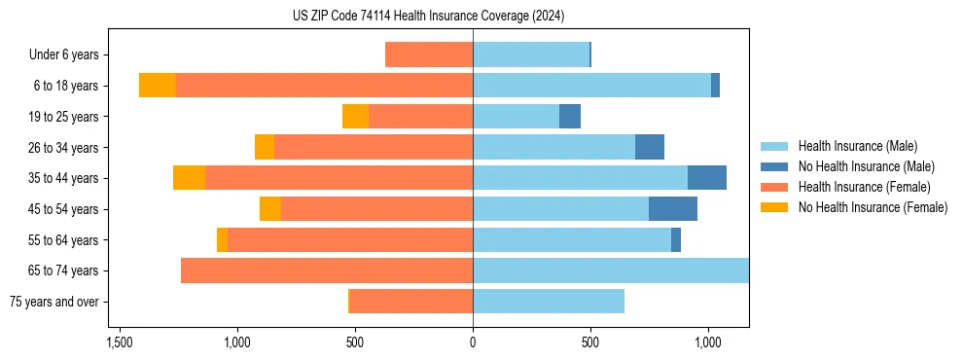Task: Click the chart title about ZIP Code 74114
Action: tap(428, 17)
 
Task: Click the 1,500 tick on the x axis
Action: tap(119, 343)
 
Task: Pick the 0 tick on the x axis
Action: tap(473, 343)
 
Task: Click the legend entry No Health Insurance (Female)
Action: tap(873, 207)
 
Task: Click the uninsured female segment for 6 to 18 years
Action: tap(158, 86)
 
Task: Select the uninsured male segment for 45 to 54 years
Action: tap(673, 209)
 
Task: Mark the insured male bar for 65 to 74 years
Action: tap(611, 270)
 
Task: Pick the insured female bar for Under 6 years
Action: tap(429, 54)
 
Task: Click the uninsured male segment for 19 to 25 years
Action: tap(570, 117)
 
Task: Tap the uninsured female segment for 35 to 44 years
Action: tap(189, 178)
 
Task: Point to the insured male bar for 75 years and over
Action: tap(549, 302)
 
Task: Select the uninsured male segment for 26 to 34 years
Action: tap(650, 147)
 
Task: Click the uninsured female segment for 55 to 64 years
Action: tap(222, 239)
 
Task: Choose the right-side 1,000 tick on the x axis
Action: tap(708, 343)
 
